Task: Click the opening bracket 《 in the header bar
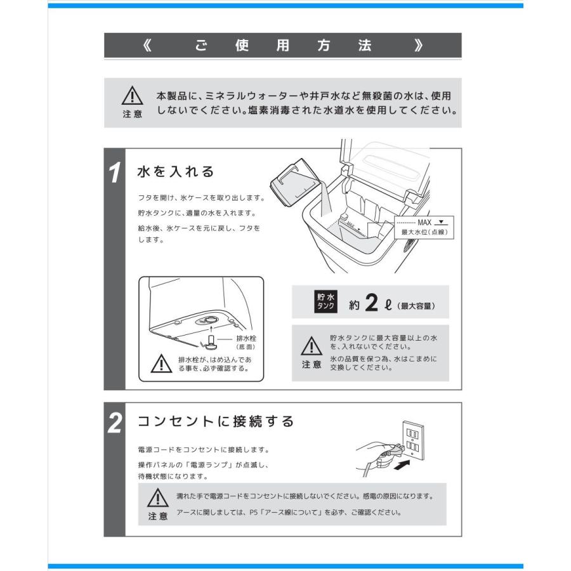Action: (148, 46)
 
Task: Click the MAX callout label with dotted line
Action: (422, 223)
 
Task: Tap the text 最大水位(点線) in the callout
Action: (423, 233)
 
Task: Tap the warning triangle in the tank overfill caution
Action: (310, 346)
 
